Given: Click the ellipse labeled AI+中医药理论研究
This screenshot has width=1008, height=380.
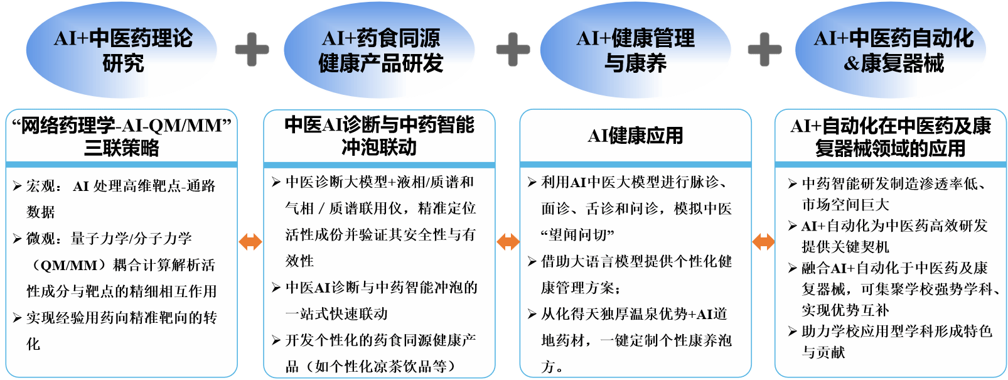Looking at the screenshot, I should point(123,50).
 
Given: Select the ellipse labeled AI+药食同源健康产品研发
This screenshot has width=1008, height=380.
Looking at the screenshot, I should point(380,50).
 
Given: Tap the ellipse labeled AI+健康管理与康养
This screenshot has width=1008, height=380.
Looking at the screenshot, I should point(635,50).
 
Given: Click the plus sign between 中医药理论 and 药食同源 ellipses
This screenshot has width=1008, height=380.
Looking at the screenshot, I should point(252,50).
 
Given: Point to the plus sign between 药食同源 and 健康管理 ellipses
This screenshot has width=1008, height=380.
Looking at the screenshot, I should point(513,50).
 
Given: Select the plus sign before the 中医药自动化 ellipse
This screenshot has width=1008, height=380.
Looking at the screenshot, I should point(764,50).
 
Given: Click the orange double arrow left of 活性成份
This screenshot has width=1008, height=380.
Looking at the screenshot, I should point(250,241).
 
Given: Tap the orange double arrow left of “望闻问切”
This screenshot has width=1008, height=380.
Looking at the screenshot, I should point(508,241).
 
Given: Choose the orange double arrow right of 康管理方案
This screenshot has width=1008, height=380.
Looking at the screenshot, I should point(763,241).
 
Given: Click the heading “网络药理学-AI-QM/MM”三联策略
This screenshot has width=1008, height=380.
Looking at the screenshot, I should point(122,136).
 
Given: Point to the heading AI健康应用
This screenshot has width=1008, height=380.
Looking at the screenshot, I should point(635,136).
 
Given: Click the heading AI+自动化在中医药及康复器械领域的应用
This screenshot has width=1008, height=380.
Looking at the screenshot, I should point(890,137).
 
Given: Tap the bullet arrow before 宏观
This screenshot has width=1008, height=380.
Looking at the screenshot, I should point(18,186).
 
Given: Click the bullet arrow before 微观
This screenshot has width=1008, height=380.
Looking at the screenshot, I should point(18,239).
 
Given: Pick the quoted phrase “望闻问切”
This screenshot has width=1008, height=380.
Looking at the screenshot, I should point(577,235).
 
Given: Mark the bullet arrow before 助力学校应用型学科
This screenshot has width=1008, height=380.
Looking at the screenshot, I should point(793,331).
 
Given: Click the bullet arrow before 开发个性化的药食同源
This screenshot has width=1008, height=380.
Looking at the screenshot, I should point(276,340).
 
